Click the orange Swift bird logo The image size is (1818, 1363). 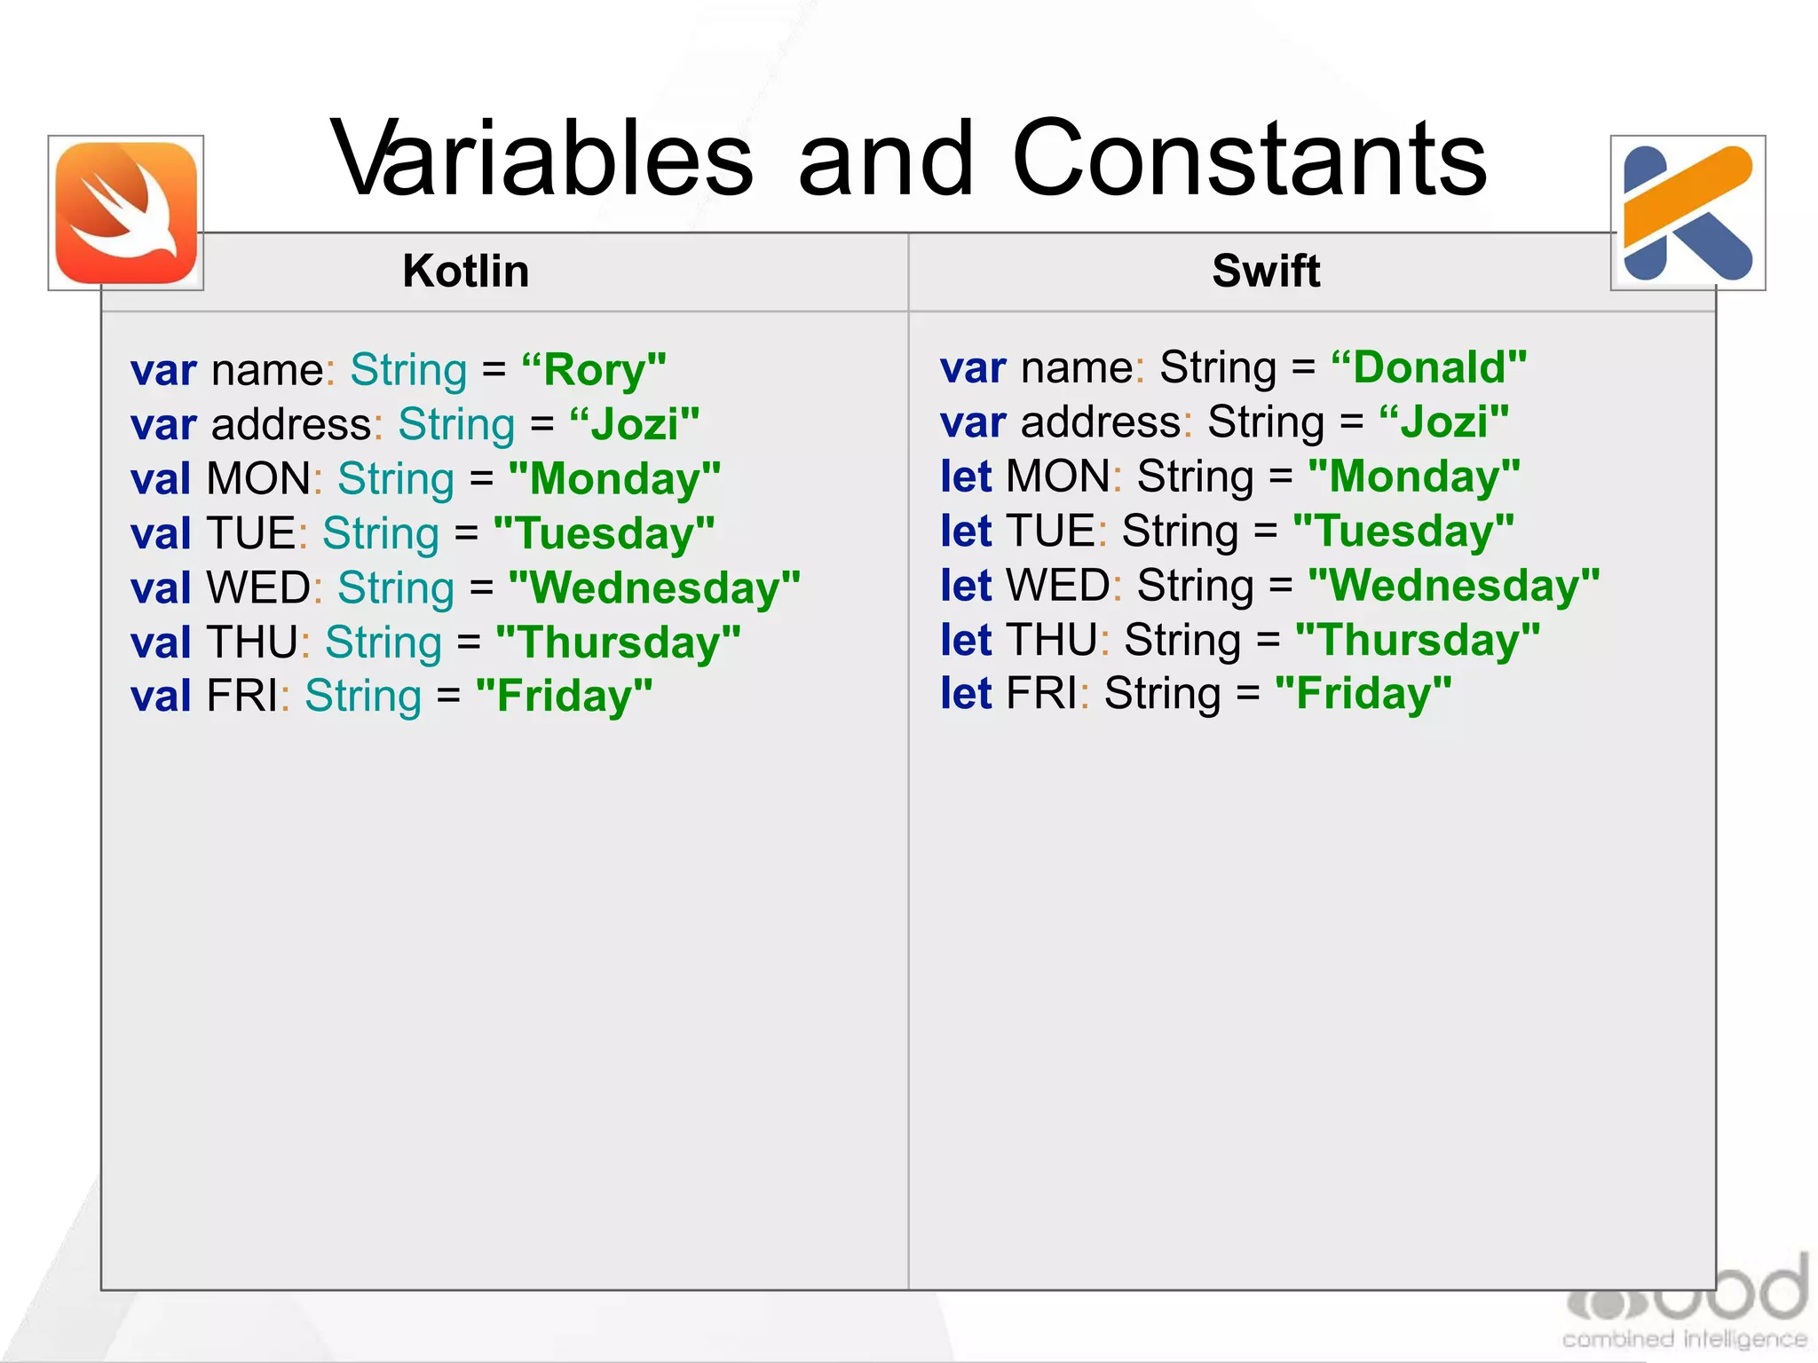click(x=126, y=213)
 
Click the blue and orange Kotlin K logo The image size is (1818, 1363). click(x=1688, y=213)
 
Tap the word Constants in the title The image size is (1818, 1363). click(x=1248, y=160)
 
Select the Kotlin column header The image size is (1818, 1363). click(x=465, y=271)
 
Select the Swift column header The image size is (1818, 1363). click(x=1266, y=271)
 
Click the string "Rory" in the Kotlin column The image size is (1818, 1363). click(x=593, y=370)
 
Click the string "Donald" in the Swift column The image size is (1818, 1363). click(x=1428, y=367)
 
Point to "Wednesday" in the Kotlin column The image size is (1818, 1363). click(x=654, y=588)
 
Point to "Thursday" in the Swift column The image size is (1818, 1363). click(x=1418, y=640)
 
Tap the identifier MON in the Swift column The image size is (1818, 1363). click(x=1057, y=477)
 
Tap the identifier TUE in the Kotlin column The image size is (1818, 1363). click(x=251, y=534)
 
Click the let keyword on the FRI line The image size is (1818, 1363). click(x=965, y=694)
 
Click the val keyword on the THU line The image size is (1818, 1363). click(x=161, y=643)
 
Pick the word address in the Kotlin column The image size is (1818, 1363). click(x=291, y=425)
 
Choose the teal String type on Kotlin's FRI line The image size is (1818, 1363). click(x=363, y=697)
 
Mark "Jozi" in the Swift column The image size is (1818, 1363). click(x=1443, y=422)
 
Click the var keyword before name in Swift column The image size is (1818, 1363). click(x=973, y=367)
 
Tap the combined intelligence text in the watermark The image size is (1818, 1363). click(x=1684, y=1338)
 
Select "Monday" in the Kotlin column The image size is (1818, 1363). click(x=614, y=479)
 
